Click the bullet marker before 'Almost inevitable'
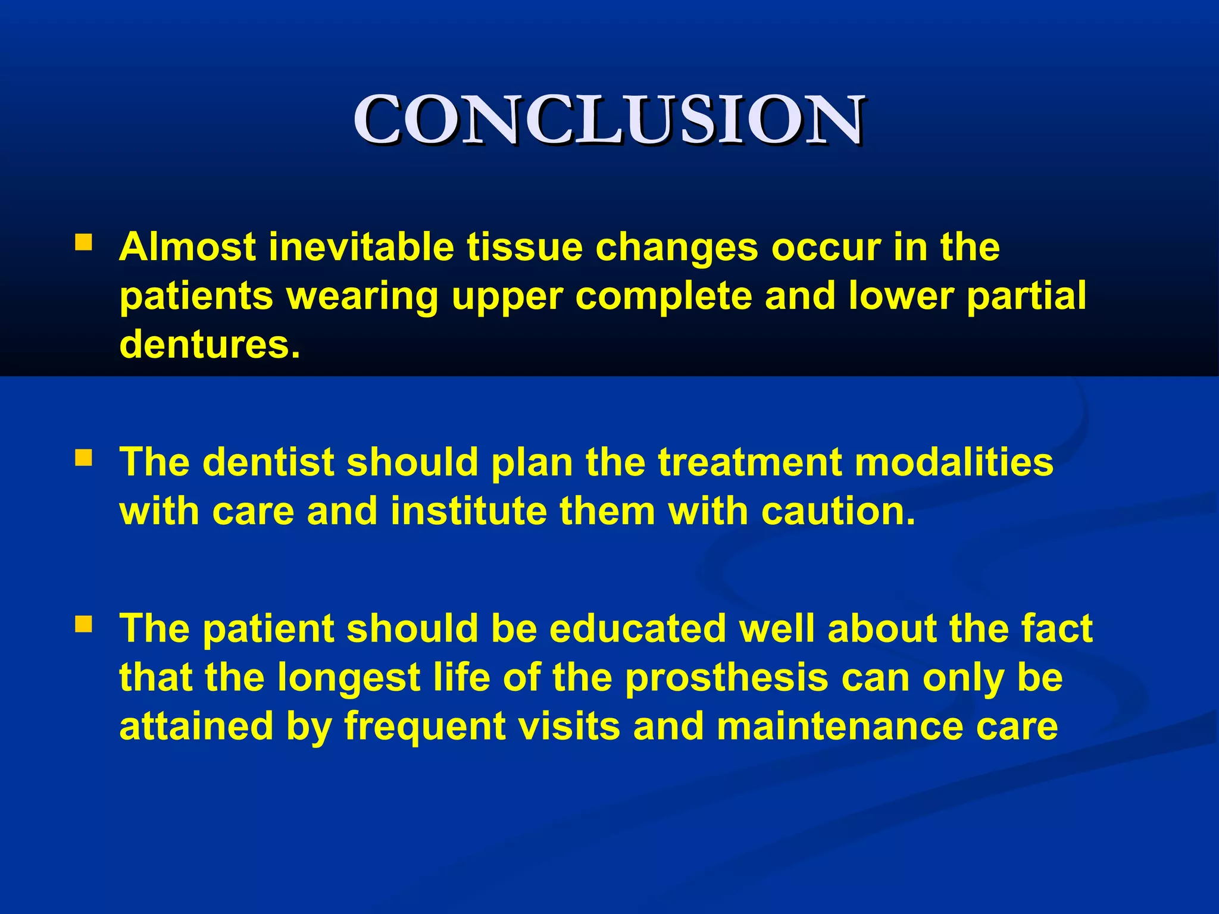[83, 242]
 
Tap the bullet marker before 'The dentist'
[83, 457]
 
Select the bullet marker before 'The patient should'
[83, 624]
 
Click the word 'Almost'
[187, 247]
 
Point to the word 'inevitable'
[362, 247]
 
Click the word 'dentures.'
[210, 345]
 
